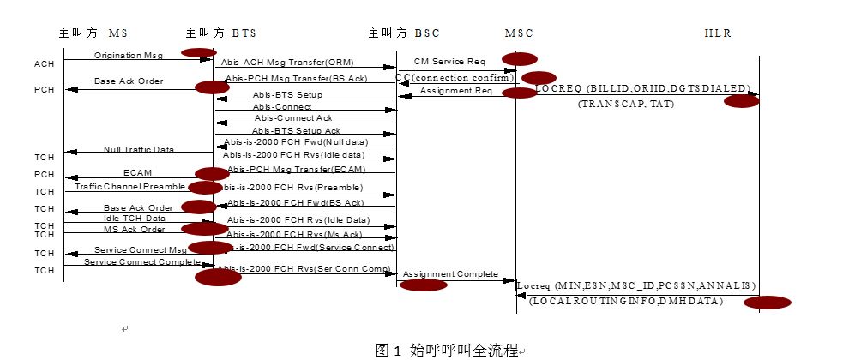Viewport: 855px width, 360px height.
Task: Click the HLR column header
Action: [x=718, y=33]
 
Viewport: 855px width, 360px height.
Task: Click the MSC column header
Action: [x=519, y=33]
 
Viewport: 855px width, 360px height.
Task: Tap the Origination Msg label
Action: [x=129, y=55]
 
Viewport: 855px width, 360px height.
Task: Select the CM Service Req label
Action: [x=449, y=62]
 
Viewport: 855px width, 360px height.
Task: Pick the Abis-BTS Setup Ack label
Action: [x=284, y=130]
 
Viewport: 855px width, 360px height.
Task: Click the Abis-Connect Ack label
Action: [x=292, y=117]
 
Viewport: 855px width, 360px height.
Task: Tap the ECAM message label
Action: [x=137, y=172]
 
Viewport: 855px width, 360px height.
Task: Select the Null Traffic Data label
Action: [x=139, y=149]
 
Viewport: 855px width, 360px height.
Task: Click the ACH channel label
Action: [x=45, y=64]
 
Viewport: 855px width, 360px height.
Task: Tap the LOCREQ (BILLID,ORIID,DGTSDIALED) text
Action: [x=642, y=88]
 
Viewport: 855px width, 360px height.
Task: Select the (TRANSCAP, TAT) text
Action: [x=626, y=104]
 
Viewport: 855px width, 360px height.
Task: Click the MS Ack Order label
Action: [x=134, y=229]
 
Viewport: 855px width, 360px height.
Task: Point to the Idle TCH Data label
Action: [x=134, y=219]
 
